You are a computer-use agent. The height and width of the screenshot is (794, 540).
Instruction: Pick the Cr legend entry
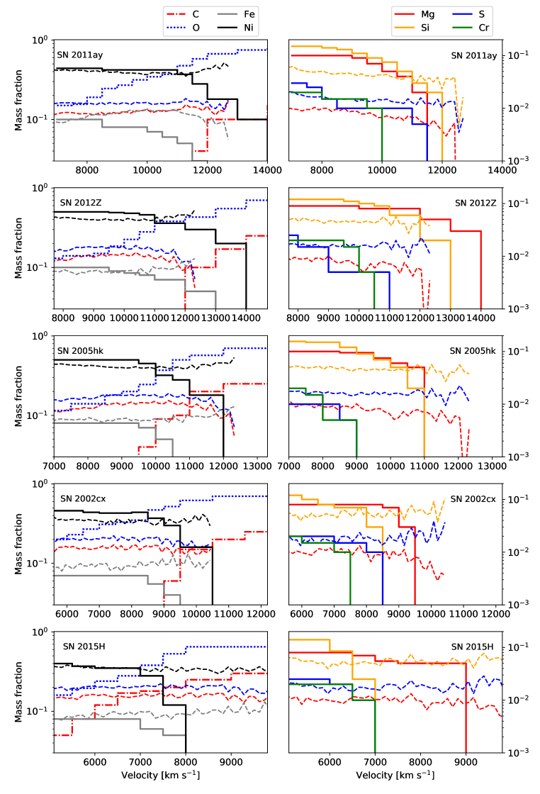[485, 28]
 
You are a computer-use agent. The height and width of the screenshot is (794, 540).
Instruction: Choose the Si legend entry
[429, 28]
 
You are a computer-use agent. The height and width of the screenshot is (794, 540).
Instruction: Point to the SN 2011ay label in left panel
[79, 55]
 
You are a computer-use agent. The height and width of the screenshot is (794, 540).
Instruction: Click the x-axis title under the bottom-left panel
[160, 776]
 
